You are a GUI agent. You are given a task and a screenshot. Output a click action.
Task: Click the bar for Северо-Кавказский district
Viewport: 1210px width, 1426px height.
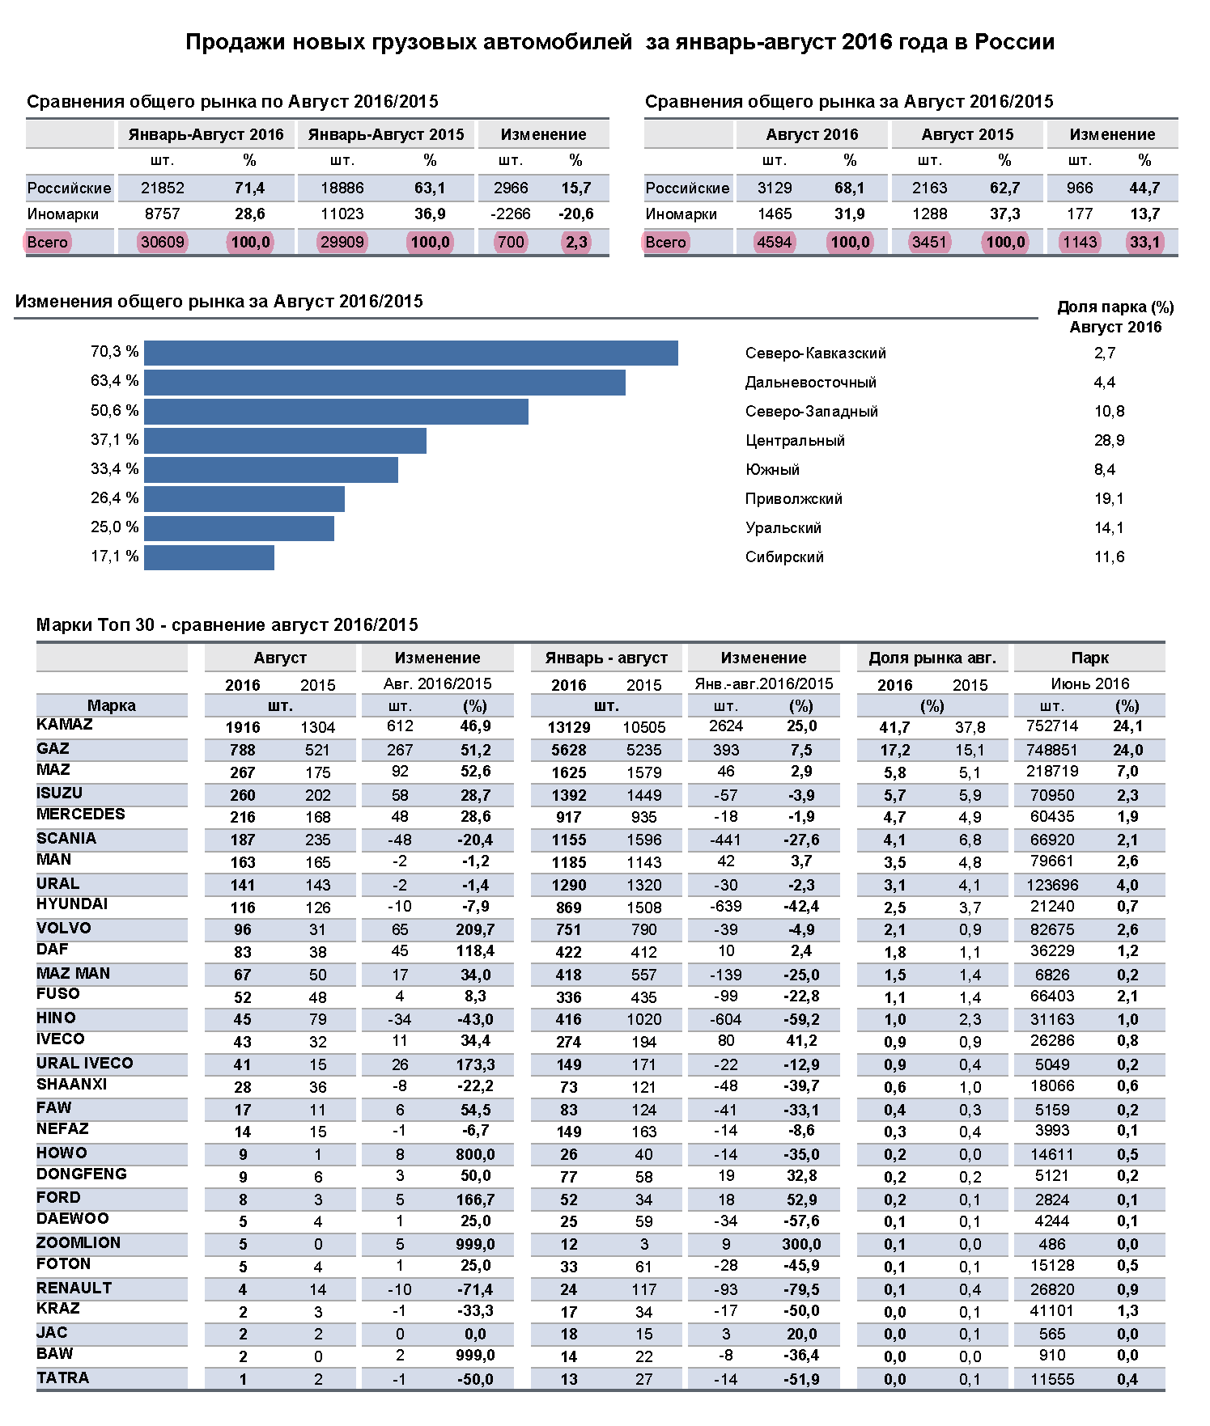(411, 353)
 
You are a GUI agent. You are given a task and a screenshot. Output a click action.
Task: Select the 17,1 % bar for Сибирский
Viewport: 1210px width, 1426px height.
(209, 557)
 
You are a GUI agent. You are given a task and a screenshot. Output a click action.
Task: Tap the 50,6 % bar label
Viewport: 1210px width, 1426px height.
(114, 411)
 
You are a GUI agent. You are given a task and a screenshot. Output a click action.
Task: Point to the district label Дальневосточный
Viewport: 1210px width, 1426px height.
(810, 383)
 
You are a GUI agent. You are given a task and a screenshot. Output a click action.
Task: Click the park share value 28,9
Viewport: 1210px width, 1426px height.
(1109, 441)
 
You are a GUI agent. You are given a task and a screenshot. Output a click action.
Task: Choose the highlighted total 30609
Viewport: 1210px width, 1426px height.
(162, 242)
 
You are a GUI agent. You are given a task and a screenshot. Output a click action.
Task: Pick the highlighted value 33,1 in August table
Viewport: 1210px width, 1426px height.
(1144, 242)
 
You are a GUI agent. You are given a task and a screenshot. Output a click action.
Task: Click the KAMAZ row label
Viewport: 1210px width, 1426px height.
(65, 725)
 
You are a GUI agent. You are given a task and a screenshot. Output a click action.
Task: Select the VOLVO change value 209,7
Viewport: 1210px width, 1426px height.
(475, 929)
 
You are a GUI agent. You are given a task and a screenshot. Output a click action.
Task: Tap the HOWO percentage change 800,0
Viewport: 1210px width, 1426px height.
(475, 1154)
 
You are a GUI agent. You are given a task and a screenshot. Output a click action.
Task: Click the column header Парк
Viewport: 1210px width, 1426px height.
(1089, 658)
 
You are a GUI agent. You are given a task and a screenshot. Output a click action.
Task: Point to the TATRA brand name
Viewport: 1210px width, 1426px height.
(62, 1377)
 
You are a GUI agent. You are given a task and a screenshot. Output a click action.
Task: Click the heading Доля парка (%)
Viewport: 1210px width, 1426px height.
(1115, 307)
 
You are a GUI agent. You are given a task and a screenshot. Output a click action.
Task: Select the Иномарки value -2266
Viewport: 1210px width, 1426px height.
(511, 214)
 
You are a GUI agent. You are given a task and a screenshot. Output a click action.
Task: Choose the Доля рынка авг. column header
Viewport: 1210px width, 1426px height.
(932, 658)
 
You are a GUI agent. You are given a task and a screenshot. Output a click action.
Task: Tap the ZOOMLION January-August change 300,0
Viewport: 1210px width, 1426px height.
(801, 1244)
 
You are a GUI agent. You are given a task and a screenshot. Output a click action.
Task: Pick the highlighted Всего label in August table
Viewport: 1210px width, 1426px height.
(665, 242)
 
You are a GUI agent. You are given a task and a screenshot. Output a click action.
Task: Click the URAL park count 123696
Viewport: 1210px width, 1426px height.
(1052, 885)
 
